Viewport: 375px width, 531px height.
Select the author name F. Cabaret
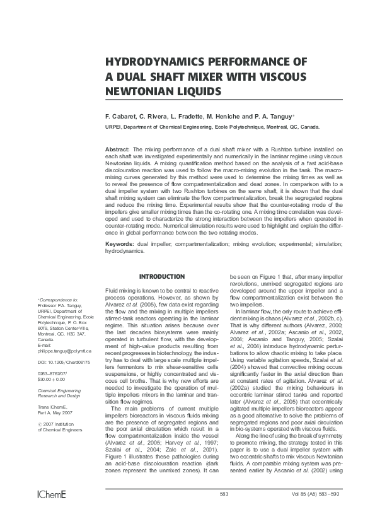tap(120, 117)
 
